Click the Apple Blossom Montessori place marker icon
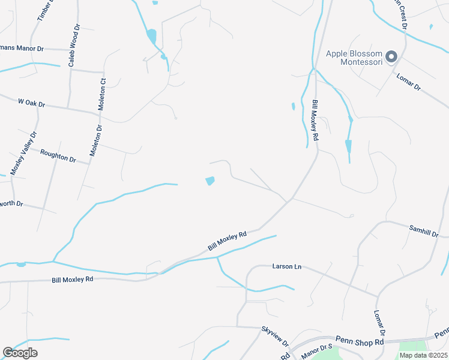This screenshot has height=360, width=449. pyautogui.click(x=392, y=57)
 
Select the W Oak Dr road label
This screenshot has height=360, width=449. pyautogui.click(x=32, y=103)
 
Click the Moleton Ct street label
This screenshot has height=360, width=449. pyautogui.click(x=102, y=94)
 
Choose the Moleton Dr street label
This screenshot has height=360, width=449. pyautogui.click(x=95, y=141)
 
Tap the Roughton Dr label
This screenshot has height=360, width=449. pyautogui.click(x=58, y=156)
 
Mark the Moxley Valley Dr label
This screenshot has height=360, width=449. pyautogui.click(x=23, y=154)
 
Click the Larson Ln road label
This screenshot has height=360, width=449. pyautogui.click(x=286, y=266)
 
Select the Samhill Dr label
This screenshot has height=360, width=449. pyautogui.click(x=424, y=230)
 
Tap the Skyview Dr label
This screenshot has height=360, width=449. pyautogui.click(x=275, y=337)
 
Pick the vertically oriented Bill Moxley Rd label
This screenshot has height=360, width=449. pyautogui.click(x=315, y=121)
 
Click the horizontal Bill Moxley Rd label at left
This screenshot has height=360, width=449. pyautogui.click(x=72, y=280)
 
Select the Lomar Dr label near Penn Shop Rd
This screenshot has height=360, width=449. pyautogui.click(x=379, y=323)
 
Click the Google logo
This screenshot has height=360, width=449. pyautogui.click(x=20, y=353)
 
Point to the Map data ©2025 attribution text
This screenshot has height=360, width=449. pyautogui.click(x=423, y=355)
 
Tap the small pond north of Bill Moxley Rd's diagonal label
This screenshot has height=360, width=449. pyautogui.click(x=210, y=181)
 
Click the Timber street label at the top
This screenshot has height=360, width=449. pyautogui.click(x=46, y=10)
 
